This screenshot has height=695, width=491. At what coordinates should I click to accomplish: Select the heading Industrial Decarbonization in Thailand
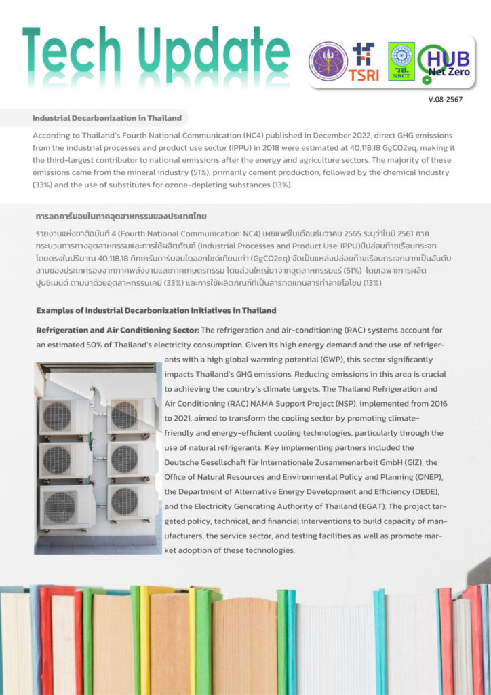[x=107, y=118]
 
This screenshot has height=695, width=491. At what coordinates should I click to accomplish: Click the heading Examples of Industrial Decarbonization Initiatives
[x=156, y=310]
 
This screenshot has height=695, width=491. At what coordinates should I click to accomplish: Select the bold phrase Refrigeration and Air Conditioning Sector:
[x=117, y=330]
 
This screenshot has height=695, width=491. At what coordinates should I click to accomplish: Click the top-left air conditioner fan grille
[x=57, y=415]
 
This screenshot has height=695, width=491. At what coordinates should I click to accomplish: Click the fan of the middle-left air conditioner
[x=57, y=459]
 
